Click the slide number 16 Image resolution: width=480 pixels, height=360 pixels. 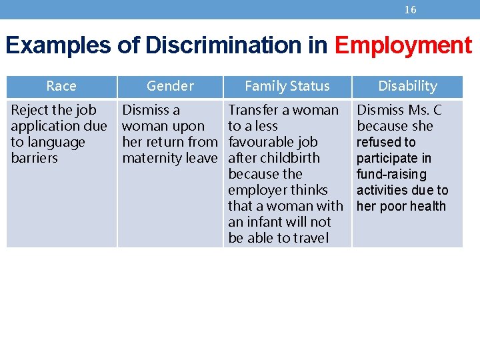(411, 9)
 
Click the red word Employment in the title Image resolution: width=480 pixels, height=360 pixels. (403, 45)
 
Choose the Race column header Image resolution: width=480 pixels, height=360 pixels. (61, 86)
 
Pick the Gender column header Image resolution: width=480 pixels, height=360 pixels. (170, 86)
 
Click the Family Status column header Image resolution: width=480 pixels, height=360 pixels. (287, 86)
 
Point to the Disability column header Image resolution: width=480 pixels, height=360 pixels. (407, 86)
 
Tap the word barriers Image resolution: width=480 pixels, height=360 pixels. (35, 158)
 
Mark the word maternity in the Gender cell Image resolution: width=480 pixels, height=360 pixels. (153, 158)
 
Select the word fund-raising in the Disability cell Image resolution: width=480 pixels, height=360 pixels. (391, 174)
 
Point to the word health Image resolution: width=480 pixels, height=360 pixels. (428, 206)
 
